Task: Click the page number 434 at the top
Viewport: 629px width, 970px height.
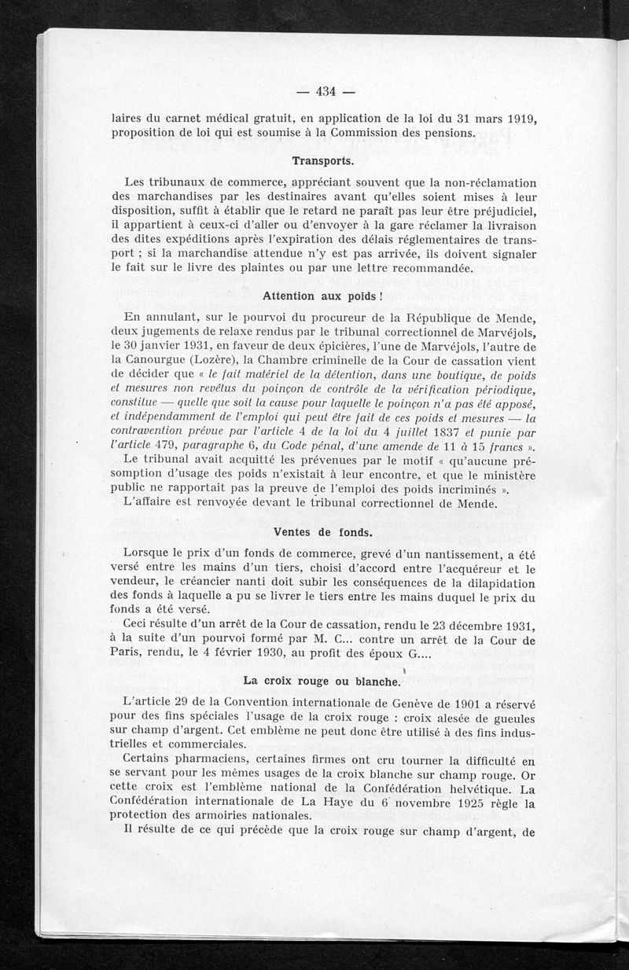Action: pyautogui.click(x=326, y=90)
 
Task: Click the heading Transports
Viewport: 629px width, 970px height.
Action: pyautogui.click(x=325, y=160)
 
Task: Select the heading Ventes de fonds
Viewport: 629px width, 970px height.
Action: pyautogui.click(x=324, y=531)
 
